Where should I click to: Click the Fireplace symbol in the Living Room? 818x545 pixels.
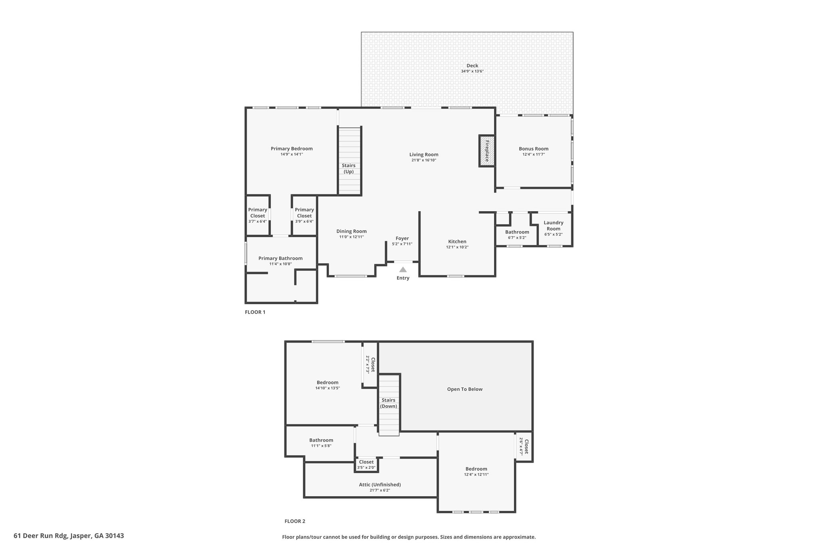(x=487, y=151)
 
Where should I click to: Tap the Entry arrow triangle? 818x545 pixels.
(x=403, y=270)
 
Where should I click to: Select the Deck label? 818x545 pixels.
(x=472, y=66)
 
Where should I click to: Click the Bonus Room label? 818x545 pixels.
(x=534, y=149)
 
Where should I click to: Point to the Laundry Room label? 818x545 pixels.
(x=554, y=226)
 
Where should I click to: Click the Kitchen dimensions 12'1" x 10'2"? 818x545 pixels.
(x=457, y=247)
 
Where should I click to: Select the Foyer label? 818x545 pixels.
(x=402, y=238)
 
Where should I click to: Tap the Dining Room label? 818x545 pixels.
(x=351, y=231)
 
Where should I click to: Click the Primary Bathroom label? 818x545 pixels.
(x=280, y=258)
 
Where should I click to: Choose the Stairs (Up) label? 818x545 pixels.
(x=349, y=168)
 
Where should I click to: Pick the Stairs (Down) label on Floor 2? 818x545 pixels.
(x=389, y=403)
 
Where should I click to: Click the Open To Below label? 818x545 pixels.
(x=465, y=389)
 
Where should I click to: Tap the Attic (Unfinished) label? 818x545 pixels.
(x=380, y=485)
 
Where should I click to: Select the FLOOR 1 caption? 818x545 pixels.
(x=255, y=312)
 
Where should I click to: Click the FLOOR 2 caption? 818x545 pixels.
(x=295, y=521)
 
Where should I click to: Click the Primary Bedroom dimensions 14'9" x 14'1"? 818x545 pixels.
(x=292, y=154)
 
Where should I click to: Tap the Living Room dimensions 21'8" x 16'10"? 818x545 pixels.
(x=424, y=160)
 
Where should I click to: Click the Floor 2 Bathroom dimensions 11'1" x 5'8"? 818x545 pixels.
(x=321, y=446)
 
